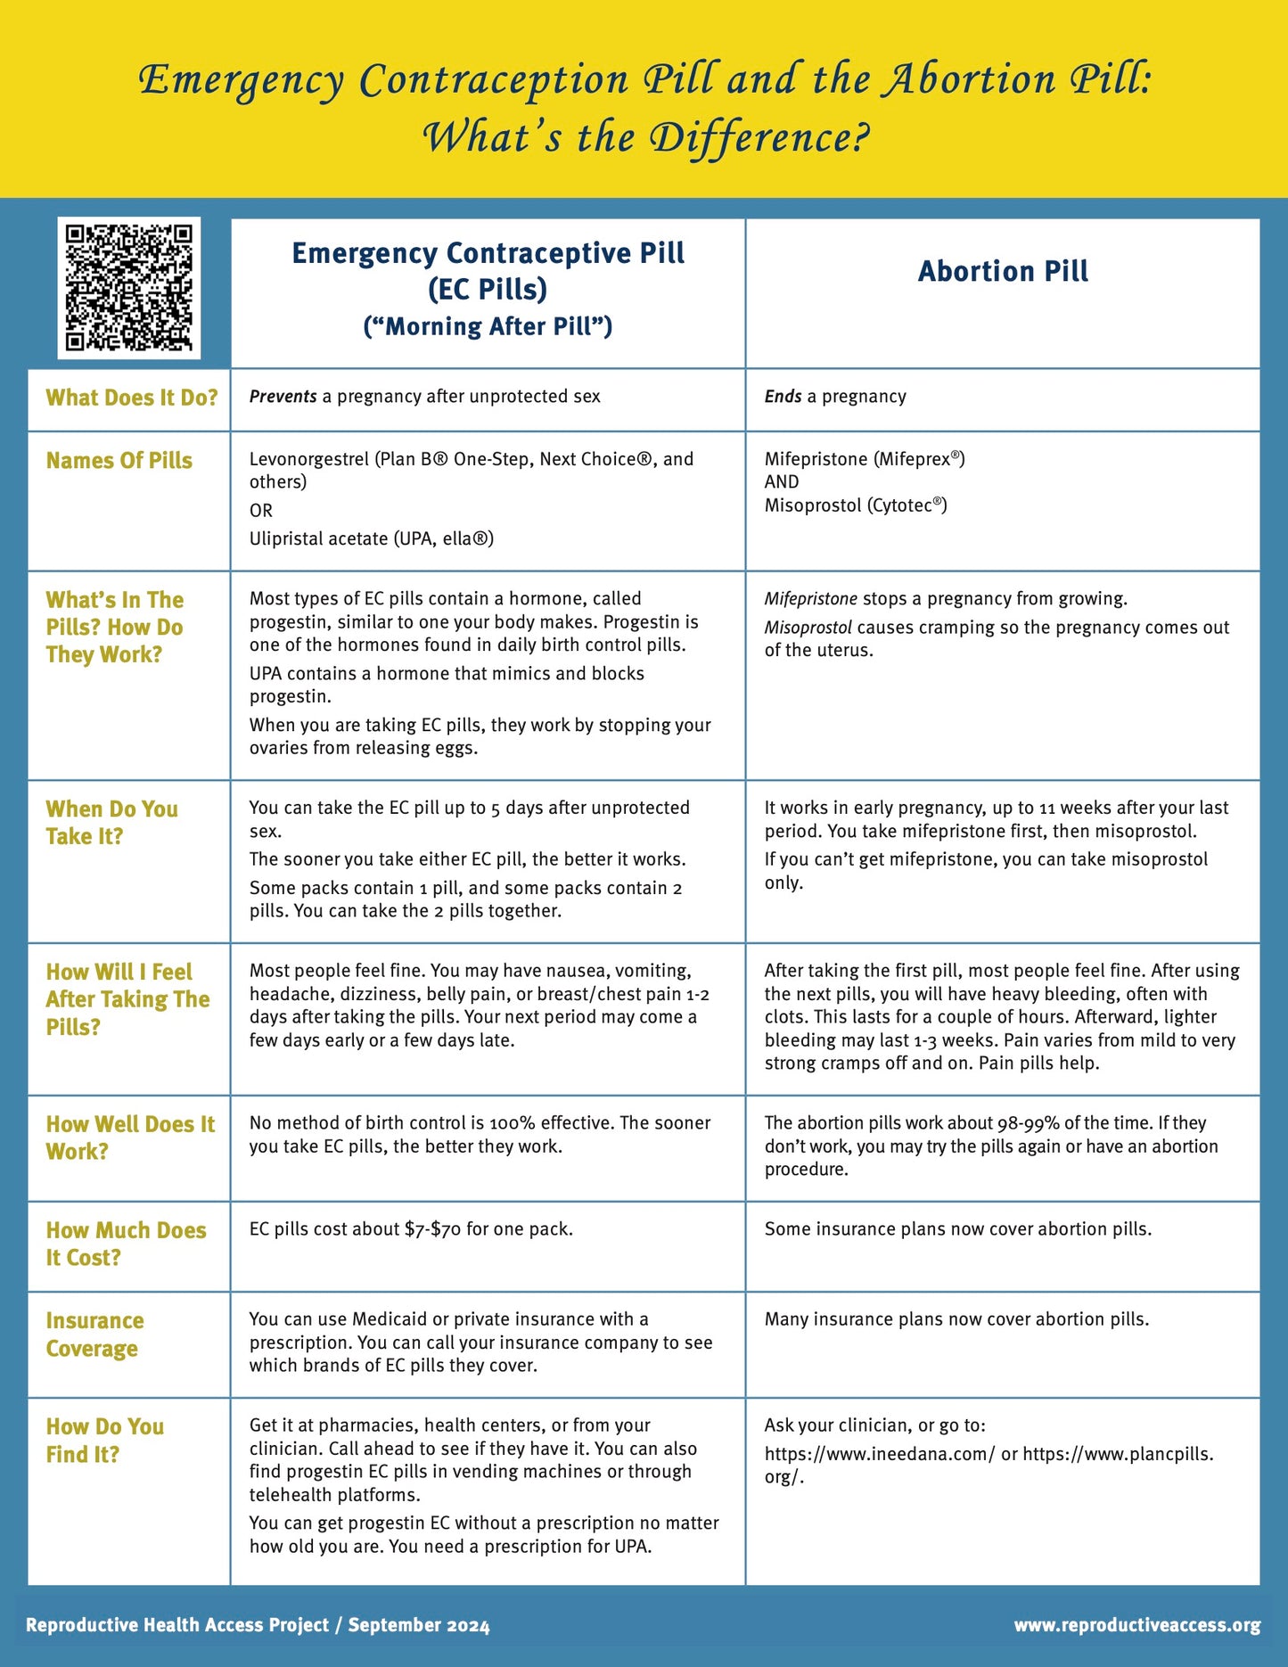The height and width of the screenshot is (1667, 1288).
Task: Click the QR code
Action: (x=128, y=287)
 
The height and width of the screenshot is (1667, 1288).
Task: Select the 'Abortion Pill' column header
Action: (x=1003, y=271)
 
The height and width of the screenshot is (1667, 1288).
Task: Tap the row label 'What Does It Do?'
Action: (x=132, y=398)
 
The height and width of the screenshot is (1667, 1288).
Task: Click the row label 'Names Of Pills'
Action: (x=119, y=460)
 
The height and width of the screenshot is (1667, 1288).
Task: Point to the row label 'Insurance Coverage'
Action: (x=94, y=1334)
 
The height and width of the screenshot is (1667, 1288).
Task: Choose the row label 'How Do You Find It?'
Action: (x=104, y=1440)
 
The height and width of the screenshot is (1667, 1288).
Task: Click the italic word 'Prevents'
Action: (x=283, y=397)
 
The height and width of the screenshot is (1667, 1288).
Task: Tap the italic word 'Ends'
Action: (x=783, y=397)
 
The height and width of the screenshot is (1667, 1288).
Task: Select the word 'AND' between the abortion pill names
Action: (x=782, y=482)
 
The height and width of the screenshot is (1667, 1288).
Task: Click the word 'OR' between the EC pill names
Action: (x=261, y=511)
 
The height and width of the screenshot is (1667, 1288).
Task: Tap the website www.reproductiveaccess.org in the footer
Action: (x=1136, y=1625)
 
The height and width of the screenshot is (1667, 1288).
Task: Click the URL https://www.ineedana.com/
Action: (x=880, y=1454)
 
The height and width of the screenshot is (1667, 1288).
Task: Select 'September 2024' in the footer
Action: (x=418, y=1625)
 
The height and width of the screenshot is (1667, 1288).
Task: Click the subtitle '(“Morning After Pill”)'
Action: (x=488, y=326)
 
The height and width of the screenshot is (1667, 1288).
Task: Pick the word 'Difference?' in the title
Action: (x=759, y=137)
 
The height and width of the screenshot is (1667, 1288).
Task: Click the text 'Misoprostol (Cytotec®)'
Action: (x=856, y=505)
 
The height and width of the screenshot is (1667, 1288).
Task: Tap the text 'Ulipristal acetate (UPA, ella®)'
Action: (x=372, y=538)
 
